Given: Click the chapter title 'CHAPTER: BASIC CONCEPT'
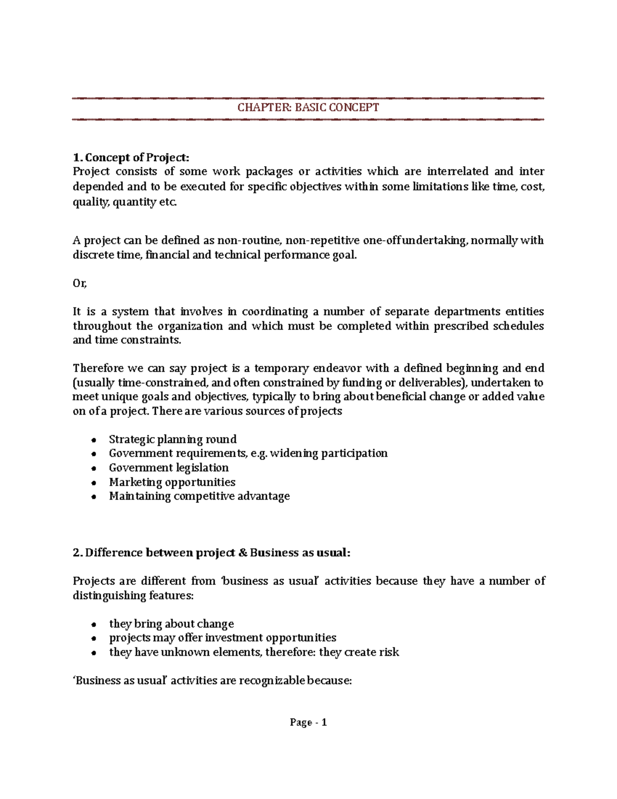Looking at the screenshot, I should click(x=308, y=108).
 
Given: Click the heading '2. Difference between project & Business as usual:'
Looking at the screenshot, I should click(x=211, y=553).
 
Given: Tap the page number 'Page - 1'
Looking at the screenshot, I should click(x=308, y=722).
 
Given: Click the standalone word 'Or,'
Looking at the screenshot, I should click(x=80, y=283).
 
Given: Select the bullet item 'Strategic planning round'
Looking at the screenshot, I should click(x=173, y=439).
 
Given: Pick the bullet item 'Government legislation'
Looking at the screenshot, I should click(x=169, y=468).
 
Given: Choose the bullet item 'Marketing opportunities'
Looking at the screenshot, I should click(x=172, y=482).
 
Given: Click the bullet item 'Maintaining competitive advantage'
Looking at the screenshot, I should click(x=199, y=496).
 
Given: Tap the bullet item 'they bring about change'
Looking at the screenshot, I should click(x=171, y=624).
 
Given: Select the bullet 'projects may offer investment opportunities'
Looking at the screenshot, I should click(x=223, y=638).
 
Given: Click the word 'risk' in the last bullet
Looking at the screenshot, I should click(x=389, y=652).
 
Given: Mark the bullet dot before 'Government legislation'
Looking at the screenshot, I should click(x=93, y=469).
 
